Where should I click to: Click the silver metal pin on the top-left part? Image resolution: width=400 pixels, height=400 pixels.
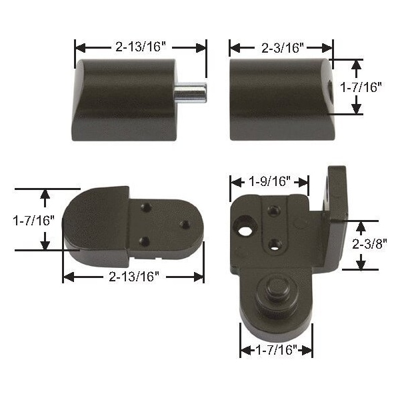coord(190,93)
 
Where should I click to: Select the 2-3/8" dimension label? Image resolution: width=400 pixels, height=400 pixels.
coord(369,244)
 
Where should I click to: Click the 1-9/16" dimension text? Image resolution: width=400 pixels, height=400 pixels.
coord(269,181)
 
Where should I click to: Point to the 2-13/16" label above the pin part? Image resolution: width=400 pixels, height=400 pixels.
coord(141,47)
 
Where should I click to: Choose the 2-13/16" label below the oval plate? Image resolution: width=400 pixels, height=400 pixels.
coord(134,276)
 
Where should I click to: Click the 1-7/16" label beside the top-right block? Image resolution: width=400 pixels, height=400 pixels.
coord(361,87)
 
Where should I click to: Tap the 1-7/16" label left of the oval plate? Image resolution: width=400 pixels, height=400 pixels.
coord(34,221)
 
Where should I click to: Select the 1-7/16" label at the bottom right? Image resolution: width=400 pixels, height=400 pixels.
coord(277,350)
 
